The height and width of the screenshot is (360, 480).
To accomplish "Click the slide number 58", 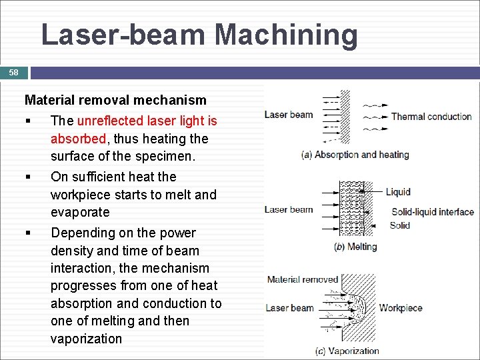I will pos(14,72).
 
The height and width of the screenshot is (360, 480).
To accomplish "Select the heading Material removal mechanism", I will pos(115,100).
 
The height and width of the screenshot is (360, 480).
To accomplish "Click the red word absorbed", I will pos(78,139).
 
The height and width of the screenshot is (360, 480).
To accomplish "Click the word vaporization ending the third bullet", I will pos(86,339).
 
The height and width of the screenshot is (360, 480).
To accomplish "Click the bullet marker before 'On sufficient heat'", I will pos(27,177).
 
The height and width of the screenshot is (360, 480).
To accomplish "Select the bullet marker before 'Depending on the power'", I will pos(27,233).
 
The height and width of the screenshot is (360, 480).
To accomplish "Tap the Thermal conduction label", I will pos(431,117).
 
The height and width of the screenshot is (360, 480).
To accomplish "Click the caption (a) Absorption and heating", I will pos(355,155).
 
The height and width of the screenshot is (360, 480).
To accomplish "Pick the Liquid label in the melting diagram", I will pos(397,192).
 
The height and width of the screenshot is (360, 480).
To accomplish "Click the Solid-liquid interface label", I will pos(432,212).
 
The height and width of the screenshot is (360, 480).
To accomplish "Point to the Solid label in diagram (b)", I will pos(399,225).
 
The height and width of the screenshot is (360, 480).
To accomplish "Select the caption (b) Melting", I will pos(355,247).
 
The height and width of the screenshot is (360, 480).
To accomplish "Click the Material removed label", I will pos(303,279).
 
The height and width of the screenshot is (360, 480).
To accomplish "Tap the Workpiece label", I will pos(400,308).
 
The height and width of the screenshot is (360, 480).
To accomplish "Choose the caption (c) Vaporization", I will pos(347,351).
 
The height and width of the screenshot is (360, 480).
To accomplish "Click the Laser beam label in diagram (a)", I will pos(289,115).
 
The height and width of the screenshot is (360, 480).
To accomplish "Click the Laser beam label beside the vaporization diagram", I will pos(289,308).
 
